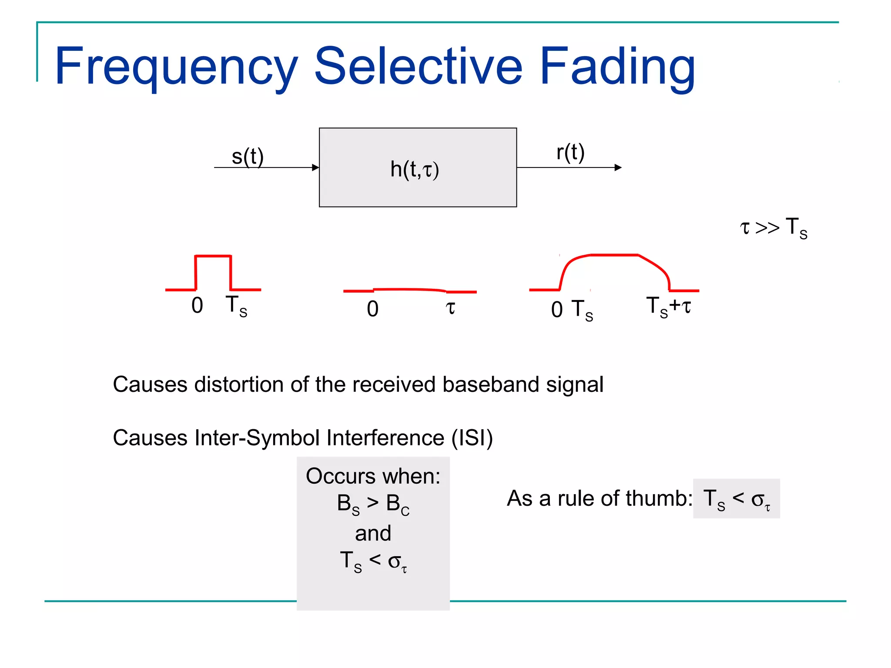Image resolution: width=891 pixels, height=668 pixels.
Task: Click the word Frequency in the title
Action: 176,67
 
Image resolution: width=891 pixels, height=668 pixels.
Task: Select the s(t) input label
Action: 248,157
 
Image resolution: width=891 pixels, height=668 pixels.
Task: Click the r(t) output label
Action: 570,152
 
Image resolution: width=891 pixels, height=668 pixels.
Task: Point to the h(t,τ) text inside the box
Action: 415,169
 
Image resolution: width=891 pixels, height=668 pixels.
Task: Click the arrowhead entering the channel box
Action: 315,167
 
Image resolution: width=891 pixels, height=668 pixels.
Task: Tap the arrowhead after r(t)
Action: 618,167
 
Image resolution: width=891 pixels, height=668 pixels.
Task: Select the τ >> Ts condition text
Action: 774,227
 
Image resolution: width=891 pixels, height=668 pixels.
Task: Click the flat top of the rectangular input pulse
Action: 213,256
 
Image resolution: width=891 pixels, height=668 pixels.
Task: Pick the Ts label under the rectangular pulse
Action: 236,306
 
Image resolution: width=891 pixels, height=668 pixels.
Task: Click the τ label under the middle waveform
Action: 450,307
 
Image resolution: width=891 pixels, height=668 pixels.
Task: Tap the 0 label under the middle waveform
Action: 372,309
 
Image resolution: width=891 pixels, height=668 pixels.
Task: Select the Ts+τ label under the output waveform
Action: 668,306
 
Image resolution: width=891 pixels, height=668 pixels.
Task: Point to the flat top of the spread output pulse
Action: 613,255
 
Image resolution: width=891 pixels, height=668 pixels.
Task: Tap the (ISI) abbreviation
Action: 472,438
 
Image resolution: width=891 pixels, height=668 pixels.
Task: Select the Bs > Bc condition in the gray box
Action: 373,504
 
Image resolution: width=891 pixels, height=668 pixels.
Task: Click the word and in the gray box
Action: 373,533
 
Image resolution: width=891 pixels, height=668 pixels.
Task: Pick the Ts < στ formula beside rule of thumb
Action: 736,499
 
